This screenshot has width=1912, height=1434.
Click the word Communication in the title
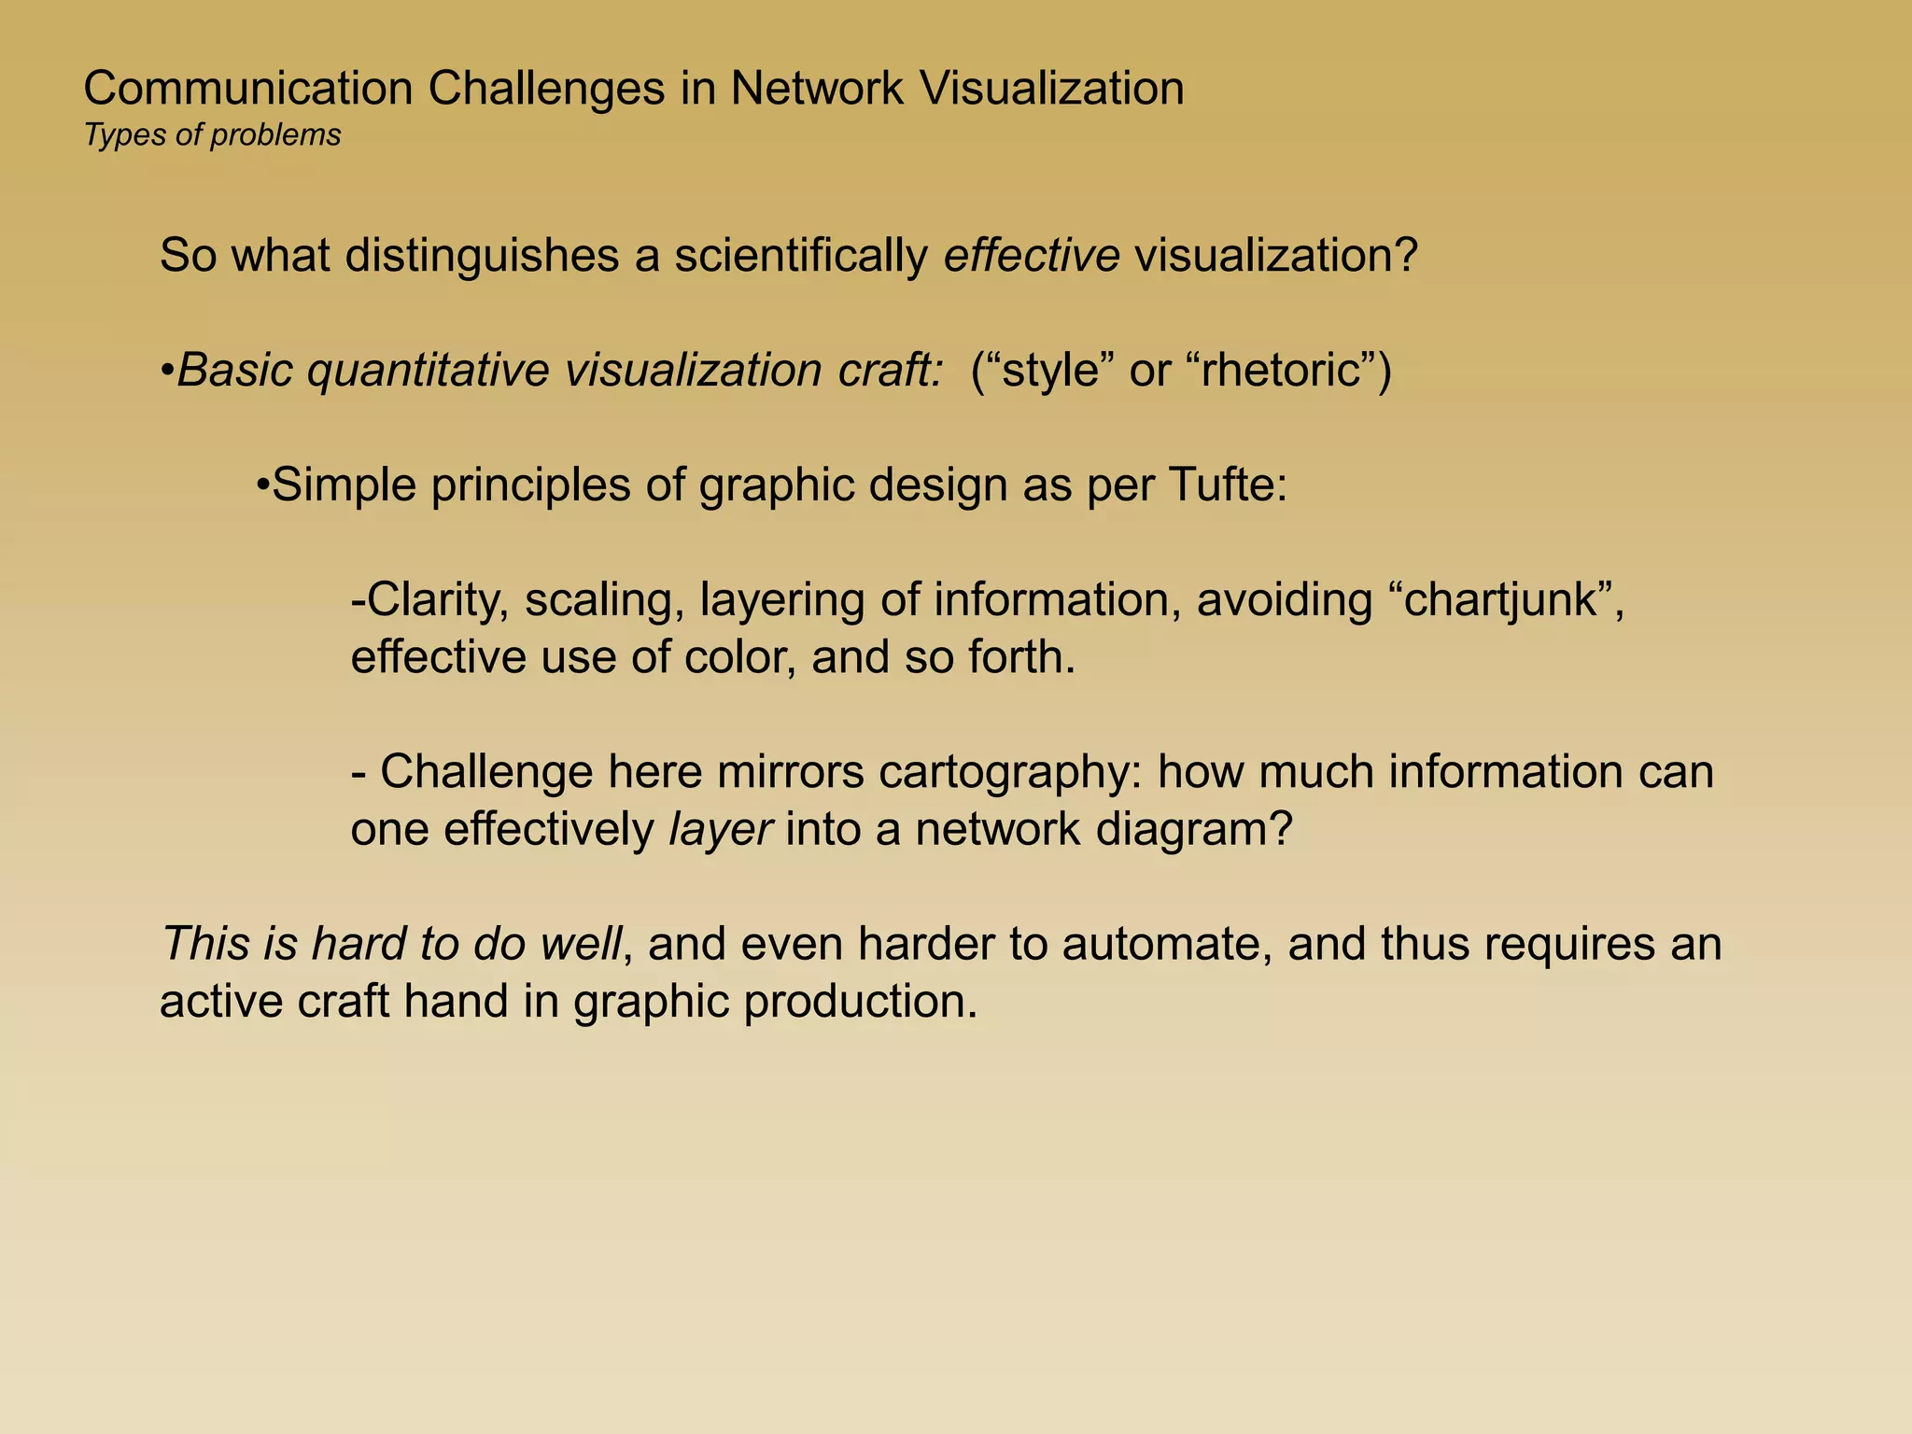247,90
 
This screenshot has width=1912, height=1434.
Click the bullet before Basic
167,372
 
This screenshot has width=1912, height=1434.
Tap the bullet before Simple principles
263,485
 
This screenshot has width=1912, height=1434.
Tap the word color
739,657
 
